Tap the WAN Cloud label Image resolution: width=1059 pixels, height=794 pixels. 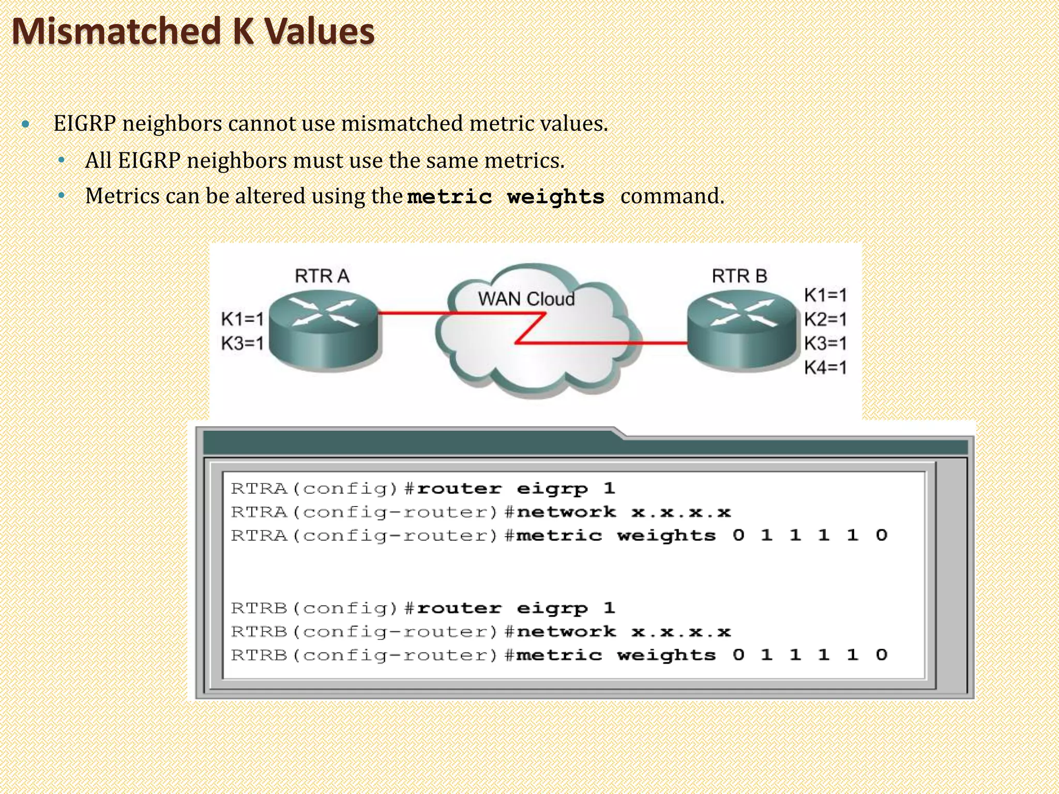click(x=526, y=299)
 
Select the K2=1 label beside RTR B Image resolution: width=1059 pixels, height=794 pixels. click(x=825, y=319)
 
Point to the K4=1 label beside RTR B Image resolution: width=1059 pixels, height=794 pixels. click(x=825, y=368)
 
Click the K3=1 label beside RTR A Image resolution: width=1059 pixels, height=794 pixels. click(x=243, y=343)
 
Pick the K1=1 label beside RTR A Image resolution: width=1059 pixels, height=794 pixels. click(x=243, y=319)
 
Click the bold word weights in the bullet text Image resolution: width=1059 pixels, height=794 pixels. click(x=556, y=197)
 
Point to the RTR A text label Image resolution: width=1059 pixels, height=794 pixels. click(x=322, y=276)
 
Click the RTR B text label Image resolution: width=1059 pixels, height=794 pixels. click(x=739, y=276)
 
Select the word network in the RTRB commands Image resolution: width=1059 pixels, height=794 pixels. click(x=566, y=632)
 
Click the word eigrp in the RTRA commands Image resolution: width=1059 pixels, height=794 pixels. click(x=552, y=489)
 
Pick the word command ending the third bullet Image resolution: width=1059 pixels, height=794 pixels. click(x=672, y=196)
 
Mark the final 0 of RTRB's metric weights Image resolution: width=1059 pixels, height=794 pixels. click(x=882, y=655)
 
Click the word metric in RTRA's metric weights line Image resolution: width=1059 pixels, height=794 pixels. click(x=559, y=536)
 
